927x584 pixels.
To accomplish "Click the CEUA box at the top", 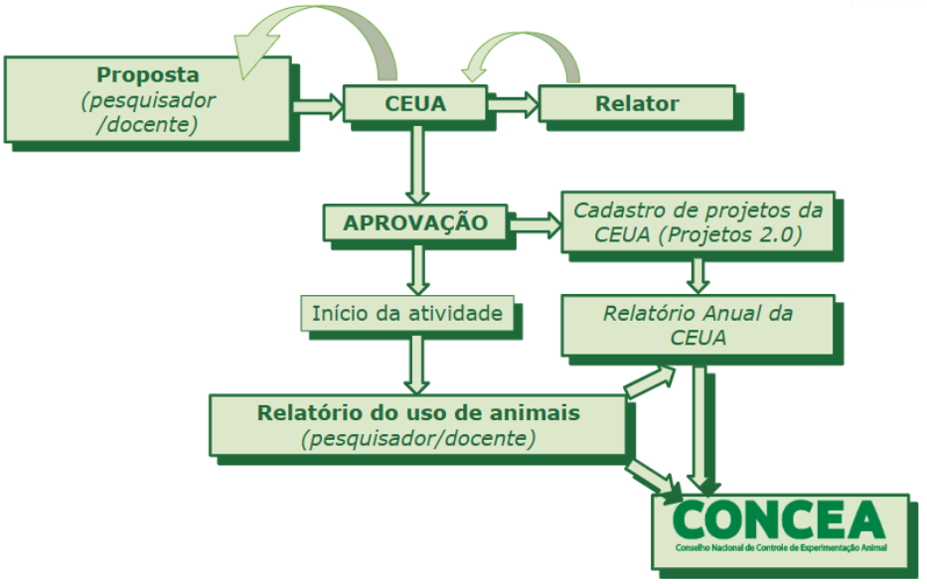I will tap(414, 103).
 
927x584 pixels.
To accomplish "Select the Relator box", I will tap(637, 103).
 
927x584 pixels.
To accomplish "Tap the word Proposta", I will tap(147, 75).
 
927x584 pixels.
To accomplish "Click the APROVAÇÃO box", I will tap(415, 222).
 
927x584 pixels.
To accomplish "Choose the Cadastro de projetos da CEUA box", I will tap(697, 221).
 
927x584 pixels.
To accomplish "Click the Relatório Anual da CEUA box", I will tap(697, 325).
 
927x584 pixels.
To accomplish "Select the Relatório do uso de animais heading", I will tap(417, 412).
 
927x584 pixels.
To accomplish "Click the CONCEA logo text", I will tap(778, 519).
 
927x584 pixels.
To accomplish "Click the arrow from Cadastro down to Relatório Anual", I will tap(698, 273).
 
